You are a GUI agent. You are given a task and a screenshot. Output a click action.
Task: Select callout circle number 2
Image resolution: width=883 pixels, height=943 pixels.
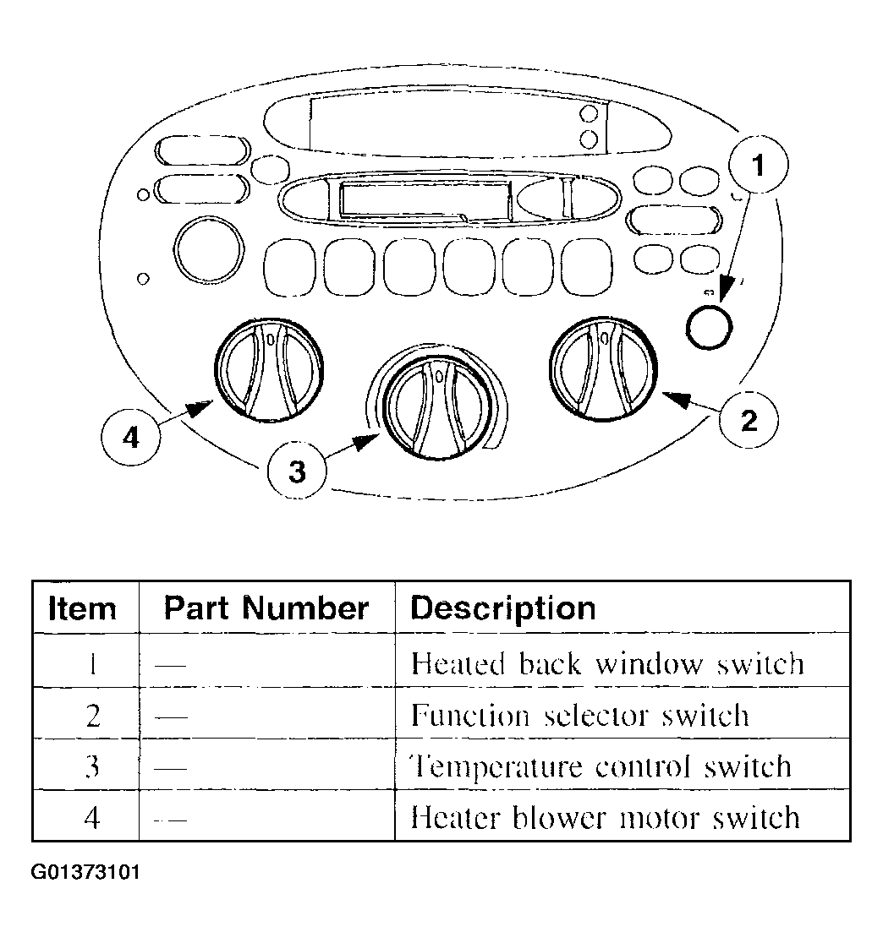(749, 420)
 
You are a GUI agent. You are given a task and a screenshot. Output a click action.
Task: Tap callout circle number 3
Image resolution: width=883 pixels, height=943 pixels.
(297, 471)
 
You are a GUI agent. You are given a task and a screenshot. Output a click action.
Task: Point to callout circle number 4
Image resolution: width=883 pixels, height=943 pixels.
(131, 439)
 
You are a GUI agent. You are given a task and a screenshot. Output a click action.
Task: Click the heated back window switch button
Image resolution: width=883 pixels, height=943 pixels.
(708, 325)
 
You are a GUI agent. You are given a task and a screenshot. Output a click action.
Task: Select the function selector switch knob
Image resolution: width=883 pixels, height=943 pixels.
(603, 368)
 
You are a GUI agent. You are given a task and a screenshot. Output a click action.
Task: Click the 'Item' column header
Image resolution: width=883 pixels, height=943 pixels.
(82, 608)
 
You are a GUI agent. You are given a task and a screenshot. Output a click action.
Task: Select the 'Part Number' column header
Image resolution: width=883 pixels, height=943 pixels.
(266, 608)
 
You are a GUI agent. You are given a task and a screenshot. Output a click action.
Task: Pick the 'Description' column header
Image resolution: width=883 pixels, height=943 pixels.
(503, 608)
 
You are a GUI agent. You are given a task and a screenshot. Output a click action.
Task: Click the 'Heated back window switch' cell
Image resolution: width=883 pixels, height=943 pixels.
(606, 664)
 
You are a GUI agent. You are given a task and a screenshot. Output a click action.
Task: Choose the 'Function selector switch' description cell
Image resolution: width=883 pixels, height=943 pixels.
(580, 716)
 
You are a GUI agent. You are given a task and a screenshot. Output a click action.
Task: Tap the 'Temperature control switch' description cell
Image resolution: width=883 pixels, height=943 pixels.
(601, 766)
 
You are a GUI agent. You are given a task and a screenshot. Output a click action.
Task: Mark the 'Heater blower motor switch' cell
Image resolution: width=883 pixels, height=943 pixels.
(605, 817)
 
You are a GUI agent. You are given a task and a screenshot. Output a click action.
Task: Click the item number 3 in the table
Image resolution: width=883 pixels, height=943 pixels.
(93, 766)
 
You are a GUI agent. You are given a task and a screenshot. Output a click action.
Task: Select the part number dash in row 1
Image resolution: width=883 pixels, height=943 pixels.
(171, 665)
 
